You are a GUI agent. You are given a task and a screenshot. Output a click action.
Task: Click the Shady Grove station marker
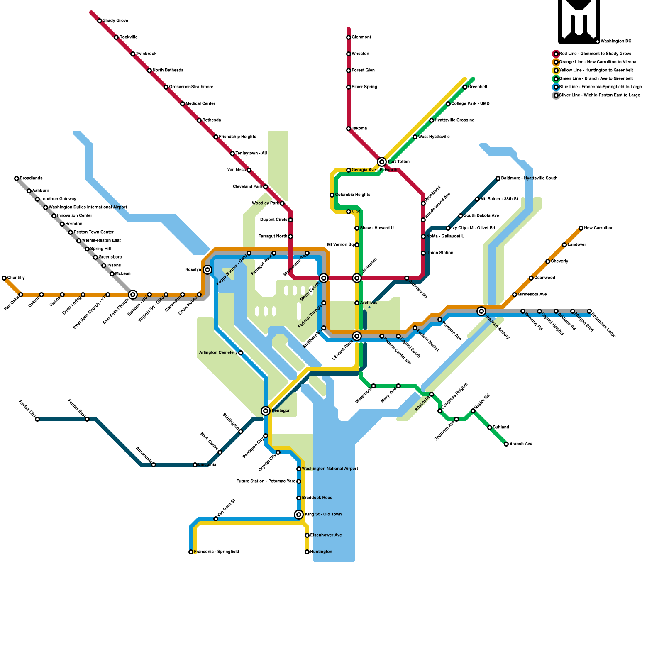pos(100,21)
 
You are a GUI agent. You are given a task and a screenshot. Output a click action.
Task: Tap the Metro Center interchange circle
pos(324,278)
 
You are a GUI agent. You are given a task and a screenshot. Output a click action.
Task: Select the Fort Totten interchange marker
pos(382,162)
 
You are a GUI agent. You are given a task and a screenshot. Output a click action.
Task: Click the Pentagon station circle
pos(266,411)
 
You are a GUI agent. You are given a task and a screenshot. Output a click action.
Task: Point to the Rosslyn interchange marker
pos(207,270)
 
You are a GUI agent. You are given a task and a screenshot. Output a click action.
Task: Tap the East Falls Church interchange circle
pos(133,295)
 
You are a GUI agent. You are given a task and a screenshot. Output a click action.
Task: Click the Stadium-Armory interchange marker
pos(481,311)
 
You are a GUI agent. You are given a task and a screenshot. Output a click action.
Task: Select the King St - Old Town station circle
pos(299,515)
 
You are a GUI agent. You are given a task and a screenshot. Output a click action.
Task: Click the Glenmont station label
pos(361,37)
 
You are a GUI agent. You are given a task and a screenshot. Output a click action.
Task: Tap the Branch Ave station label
pos(521,444)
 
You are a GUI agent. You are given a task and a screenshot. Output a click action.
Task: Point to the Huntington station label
pos(321,552)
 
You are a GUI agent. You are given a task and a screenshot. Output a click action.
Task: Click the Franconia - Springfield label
pos(216,552)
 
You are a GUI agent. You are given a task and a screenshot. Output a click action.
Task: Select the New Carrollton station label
pos(598,228)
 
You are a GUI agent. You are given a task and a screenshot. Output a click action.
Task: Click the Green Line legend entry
pos(596,79)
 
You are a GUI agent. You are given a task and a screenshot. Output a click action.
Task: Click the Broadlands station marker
pos(17,178)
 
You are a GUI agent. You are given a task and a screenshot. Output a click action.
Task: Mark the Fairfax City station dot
pos(37,419)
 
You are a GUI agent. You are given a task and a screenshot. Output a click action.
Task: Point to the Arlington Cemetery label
pos(218,353)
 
